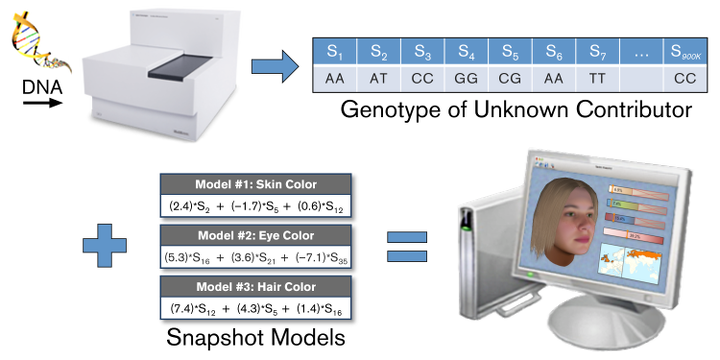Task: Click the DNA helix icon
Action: point(37,50)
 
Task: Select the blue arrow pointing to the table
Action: point(273,66)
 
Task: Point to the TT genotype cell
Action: point(597,77)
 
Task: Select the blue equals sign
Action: point(407,245)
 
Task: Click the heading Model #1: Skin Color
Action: point(255,184)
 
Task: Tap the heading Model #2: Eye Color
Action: point(255,236)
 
